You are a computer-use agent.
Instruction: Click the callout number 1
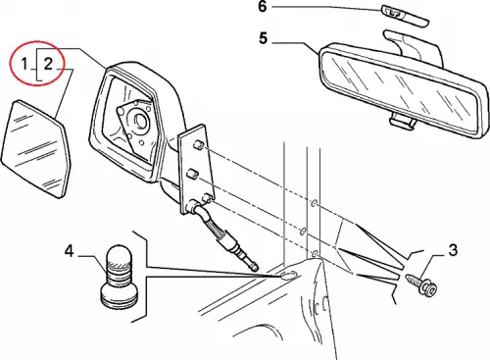click(24, 63)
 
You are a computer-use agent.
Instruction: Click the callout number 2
click(48, 63)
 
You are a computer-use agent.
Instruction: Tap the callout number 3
click(453, 250)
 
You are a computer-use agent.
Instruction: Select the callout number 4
click(69, 251)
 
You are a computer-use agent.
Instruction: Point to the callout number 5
click(264, 38)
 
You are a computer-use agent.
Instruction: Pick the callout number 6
click(263, 7)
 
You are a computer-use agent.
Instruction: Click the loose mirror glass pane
click(36, 149)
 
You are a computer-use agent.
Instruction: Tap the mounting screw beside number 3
click(421, 283)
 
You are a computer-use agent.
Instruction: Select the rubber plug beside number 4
click(120, 277)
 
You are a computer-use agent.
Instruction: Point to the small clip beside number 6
click(405, 16)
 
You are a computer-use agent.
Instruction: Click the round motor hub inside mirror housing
click(140, 120)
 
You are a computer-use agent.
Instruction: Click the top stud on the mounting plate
click(199, 145)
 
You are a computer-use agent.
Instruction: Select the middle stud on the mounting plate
click(192, 175)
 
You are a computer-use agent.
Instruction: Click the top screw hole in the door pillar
click(314, 203)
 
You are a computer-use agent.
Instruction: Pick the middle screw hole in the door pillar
click(303, 231)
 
